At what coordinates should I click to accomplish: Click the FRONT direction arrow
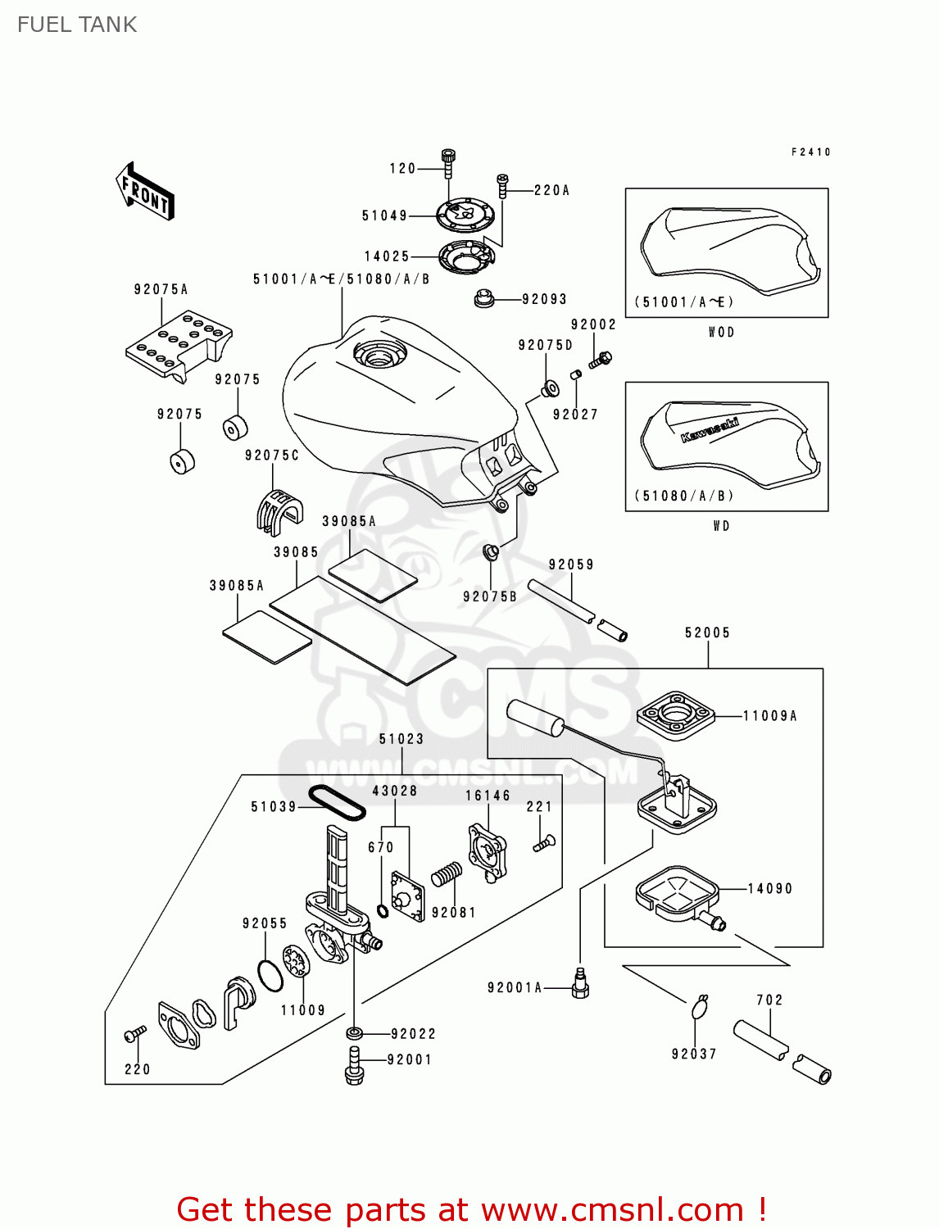[x=146, y=191]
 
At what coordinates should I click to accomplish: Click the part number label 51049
[x=384, y=215]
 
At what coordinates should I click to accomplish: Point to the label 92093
[x=544, y=299]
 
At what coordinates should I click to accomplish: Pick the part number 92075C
[x=272, y=455]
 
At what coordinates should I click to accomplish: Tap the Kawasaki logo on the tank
[x=709, y=429]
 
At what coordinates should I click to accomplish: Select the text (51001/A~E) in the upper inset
[x=684, y=302]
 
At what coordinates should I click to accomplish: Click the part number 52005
[x=707, y=633]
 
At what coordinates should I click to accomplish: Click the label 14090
[x=770, y=888]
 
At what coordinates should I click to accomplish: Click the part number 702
[x=769, y=1000]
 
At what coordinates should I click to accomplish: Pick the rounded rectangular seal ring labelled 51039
[x=336, y=804]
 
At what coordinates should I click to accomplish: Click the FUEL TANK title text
[x=77, y=25]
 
